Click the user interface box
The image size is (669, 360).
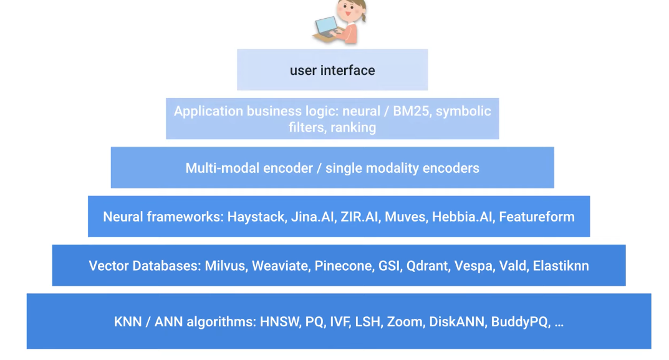pos(332,70)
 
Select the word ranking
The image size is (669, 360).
pos(353,128)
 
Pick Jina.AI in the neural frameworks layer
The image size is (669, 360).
pos(312,217)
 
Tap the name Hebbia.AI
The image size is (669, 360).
pos(463,217)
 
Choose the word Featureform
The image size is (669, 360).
pos(537,217)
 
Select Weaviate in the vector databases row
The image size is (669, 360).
pos(280,266)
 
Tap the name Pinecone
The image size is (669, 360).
pos(342,266)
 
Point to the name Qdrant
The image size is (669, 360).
pos(426,266)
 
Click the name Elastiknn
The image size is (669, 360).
pos(561,266)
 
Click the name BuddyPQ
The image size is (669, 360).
pos(519,323)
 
